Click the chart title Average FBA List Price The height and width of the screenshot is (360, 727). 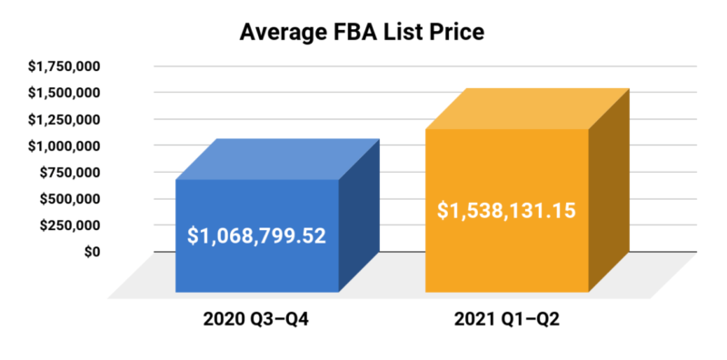[x=363, y=33]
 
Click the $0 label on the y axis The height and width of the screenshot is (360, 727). [x=91, y=251]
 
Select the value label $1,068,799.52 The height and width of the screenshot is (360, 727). [x=256, y=236]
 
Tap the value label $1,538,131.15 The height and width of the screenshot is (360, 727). [x=506, y=211]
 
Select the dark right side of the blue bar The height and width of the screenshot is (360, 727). [x=358, y=218]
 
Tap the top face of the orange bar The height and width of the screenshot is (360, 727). [x=527, y=109]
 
